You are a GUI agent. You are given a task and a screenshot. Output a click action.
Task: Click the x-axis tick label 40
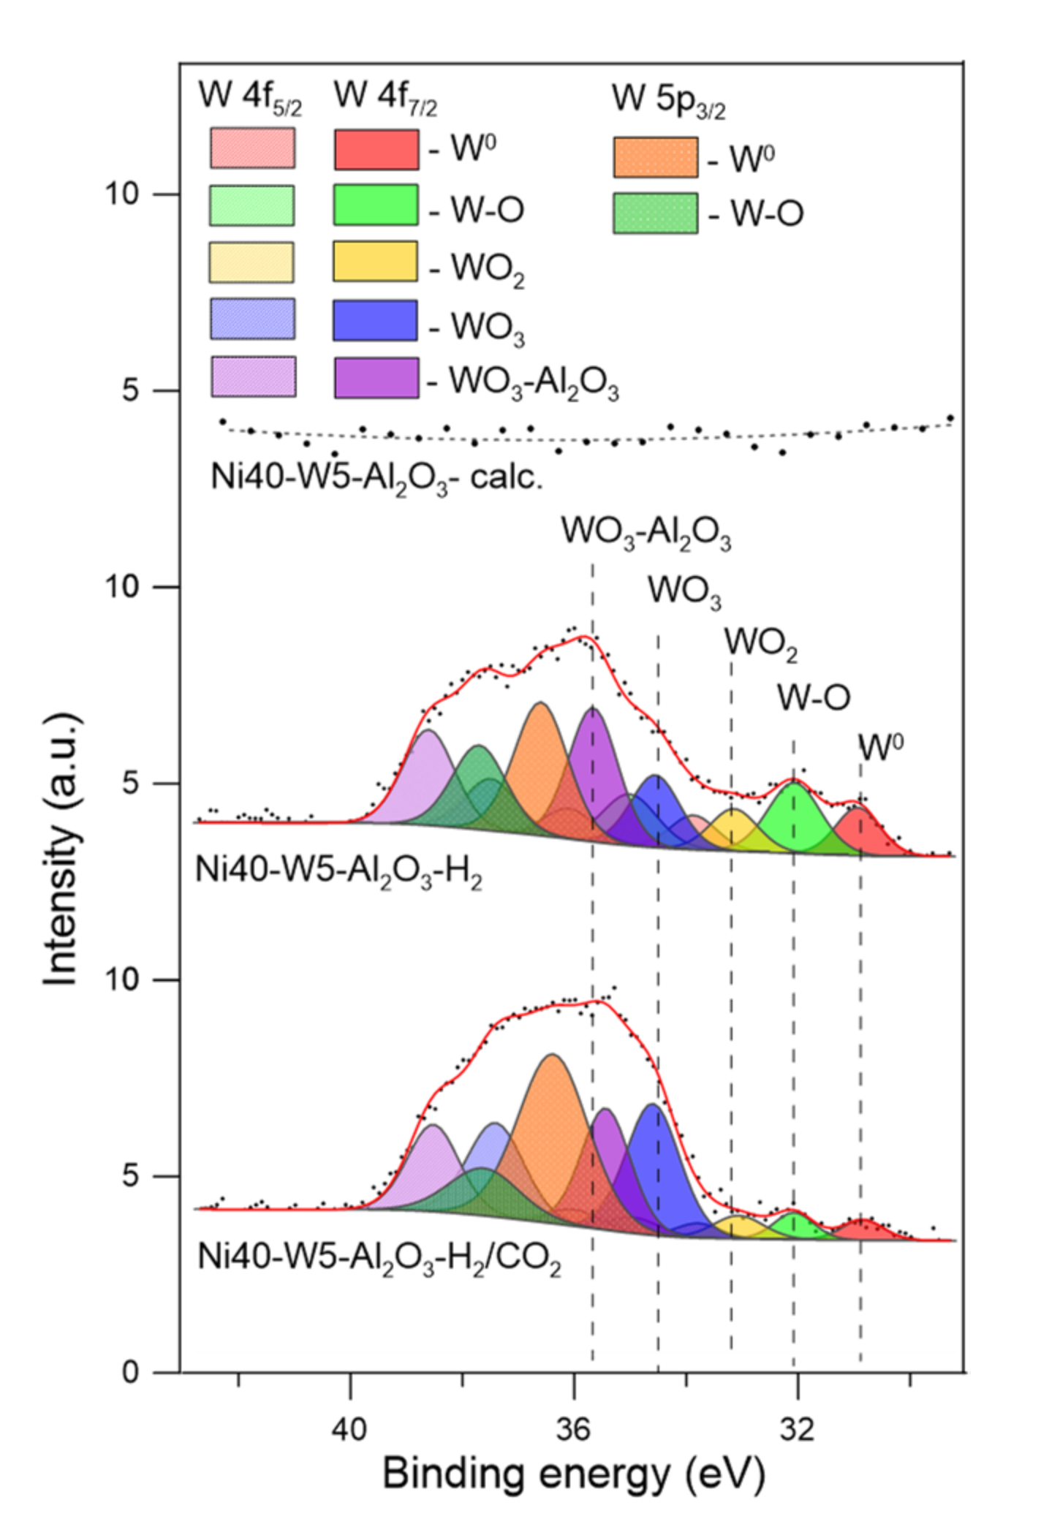coord(349,1428)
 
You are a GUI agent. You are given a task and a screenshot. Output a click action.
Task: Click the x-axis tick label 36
coord(572,1428)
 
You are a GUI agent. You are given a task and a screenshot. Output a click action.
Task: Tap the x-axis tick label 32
coord(796,1428)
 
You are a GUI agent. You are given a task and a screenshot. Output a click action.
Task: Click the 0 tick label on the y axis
coord(130,1373)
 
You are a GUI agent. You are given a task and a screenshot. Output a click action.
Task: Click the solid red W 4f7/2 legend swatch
coord(376,150)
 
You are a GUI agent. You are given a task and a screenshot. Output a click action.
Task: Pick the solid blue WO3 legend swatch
coord(375,320)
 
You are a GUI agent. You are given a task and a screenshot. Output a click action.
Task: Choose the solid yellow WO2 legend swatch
coord(375,262)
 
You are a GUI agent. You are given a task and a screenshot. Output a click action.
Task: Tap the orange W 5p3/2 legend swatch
coord(655,157)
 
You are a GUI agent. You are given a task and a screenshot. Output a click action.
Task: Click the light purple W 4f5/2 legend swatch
coord(253,377)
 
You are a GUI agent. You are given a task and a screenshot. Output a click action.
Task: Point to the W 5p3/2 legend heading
coord(668,100)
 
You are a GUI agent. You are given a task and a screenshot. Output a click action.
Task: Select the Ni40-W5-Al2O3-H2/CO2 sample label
coord(379,1259)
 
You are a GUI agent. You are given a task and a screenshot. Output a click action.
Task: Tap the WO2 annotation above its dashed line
coord(760,643)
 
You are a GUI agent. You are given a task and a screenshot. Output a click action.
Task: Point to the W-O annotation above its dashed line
coord(813,698)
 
